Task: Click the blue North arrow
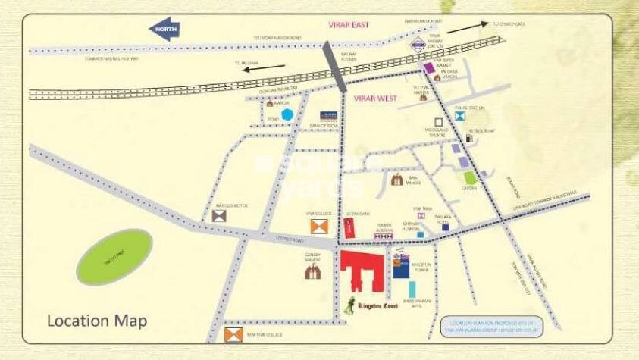165,30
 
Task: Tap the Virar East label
348,25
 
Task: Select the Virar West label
375,99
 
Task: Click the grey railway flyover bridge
334,64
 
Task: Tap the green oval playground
114,258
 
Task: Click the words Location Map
97,321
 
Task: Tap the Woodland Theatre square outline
437,121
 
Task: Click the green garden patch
471,178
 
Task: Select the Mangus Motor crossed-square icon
219,216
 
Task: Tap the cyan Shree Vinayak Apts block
412,289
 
